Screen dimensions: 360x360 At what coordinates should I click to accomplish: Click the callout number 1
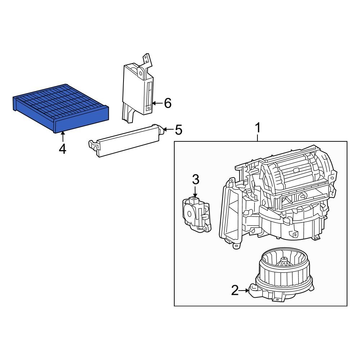257,128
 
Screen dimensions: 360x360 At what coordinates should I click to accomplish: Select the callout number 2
235,290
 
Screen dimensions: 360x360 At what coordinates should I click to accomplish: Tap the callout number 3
195,179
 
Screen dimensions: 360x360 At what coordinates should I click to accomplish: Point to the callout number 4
63,149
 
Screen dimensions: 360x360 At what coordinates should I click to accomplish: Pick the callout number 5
178,130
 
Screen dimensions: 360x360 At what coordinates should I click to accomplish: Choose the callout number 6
167,103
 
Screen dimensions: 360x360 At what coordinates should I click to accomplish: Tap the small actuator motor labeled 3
195,214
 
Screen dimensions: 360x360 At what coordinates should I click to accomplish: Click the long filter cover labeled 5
128,141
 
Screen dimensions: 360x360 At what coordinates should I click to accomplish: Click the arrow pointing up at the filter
63,136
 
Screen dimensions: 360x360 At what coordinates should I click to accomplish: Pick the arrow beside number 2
245,290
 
